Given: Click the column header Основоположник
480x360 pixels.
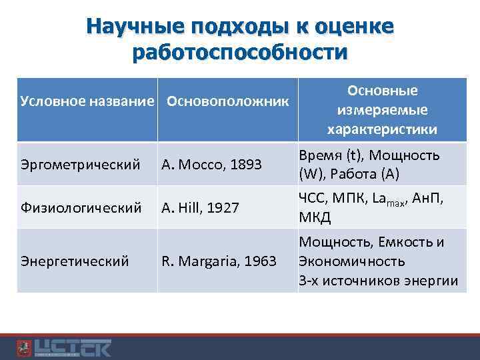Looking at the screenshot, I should [227, 101].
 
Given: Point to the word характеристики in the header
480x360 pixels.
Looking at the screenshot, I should [382, 129].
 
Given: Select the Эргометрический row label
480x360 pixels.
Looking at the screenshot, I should [80, 163].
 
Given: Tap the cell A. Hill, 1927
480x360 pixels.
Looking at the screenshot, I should [200, 207].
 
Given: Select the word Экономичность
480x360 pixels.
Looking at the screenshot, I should [351, 261].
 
